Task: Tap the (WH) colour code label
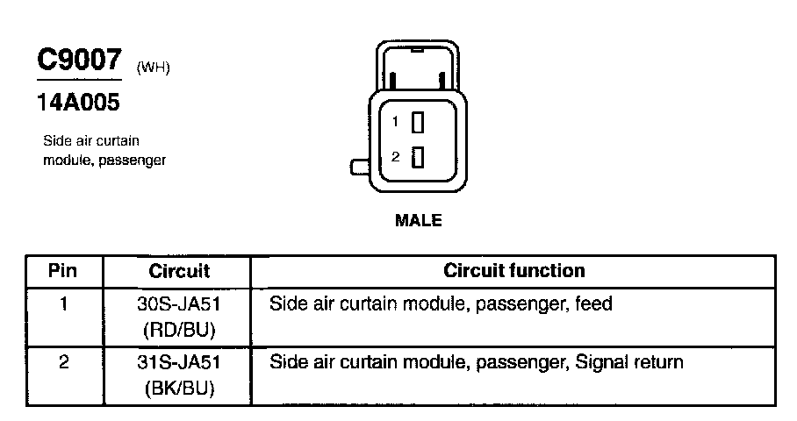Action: click(x=153, y=68)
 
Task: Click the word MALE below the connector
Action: click(x=419, y=220)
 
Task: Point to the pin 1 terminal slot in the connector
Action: click(x=418, y=122)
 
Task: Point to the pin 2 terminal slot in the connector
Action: click(x=418, y=157)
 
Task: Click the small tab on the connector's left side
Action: click(x=359, y=167)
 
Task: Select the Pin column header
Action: click(x=63, y=270)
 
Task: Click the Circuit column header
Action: click(x=178, y=270)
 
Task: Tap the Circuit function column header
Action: click(x=514, y=270)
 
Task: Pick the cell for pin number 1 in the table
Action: click(x=63, y=305)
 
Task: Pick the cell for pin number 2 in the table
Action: click(x=63, y=362)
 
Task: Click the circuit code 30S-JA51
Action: click(x=178, y=305)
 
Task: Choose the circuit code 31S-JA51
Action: click(x=178, y=362)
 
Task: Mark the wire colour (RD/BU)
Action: click(x=178, y=330)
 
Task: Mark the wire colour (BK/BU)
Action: click(x=178, y=387)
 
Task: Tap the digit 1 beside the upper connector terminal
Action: click(x=396, y=121)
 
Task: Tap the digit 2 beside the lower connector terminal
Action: click(x=396, y=157)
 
